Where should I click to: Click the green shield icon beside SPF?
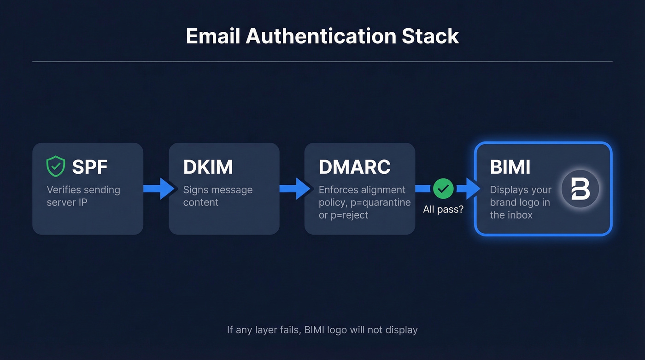point(56,166)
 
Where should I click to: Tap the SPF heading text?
point(89,167)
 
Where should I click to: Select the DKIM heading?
point(208,167)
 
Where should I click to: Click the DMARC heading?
point(354,167)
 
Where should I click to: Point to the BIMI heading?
point(510,167)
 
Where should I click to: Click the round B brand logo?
point(580,189)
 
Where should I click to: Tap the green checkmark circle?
point(443,189)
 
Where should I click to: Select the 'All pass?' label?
point(443,209)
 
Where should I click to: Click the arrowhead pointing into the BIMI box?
point(472,189)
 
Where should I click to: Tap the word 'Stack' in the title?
point(430,36)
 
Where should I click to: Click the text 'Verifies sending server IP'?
point(83,196)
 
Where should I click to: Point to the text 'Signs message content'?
point(217,196)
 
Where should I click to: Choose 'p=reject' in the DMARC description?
point(349,215)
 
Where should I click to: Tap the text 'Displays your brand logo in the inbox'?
point(520,202)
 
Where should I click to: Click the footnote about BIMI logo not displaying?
point(322,330)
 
